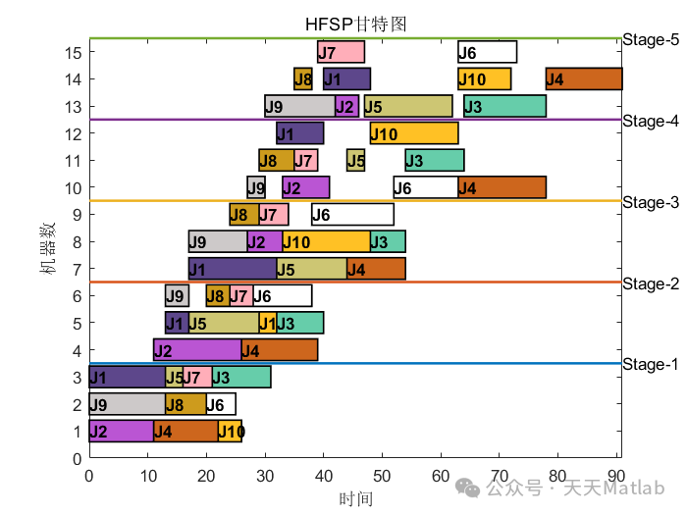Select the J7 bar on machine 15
(341, 52)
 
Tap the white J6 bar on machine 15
(487, 52)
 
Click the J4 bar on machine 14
(583, 79)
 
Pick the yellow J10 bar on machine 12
(414, 133)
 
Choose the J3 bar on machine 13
(504, 106)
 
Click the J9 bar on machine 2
(127, 404)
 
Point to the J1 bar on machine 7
(233, 269)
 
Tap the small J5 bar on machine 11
(355, 160)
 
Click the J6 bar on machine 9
(352, 215)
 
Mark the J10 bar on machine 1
(230, 431)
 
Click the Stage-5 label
(650, 39)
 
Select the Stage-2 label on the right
(650, 284)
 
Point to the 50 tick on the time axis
(383, 477)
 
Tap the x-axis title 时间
(355, 498)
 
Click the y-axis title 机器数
(47, 247)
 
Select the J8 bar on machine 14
(303, 79)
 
